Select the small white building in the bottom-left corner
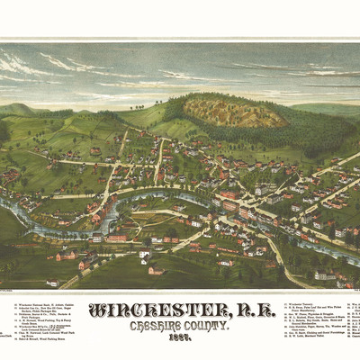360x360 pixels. [54, 283]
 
